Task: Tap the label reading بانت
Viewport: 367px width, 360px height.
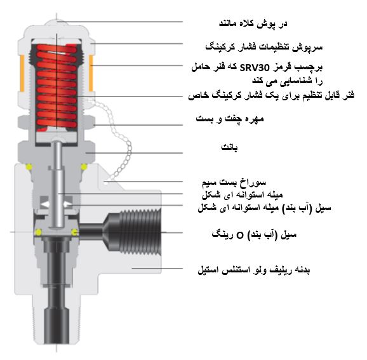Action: [x=229, y=147]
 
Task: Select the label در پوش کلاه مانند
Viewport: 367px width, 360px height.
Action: [x=253, y=24]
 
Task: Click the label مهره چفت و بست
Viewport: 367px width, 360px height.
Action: [x=230, y=119]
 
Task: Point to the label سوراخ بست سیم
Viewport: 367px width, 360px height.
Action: [x=234, y=183]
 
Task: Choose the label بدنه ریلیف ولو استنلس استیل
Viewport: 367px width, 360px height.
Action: [x=254, y=270]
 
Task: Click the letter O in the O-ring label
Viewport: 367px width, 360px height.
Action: [x=240, y=235]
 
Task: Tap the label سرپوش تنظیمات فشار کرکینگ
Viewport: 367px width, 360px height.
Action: [x=264, y=47]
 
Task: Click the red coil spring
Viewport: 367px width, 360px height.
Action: [x=57, y=86]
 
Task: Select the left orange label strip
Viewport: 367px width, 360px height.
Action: [x=22, y=73]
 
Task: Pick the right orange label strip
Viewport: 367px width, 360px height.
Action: [x=91, y=73]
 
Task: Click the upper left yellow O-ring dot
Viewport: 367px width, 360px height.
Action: [x=29, y=166]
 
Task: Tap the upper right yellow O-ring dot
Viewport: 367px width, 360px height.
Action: [x=84, y=166]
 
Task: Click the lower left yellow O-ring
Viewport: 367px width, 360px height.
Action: [x=38, y=232]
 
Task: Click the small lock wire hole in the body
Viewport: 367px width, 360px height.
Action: [x=106, y=183]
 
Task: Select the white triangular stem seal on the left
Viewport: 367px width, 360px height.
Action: [x=46, y=204]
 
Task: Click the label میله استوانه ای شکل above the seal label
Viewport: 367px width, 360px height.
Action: [x=243, y=195]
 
